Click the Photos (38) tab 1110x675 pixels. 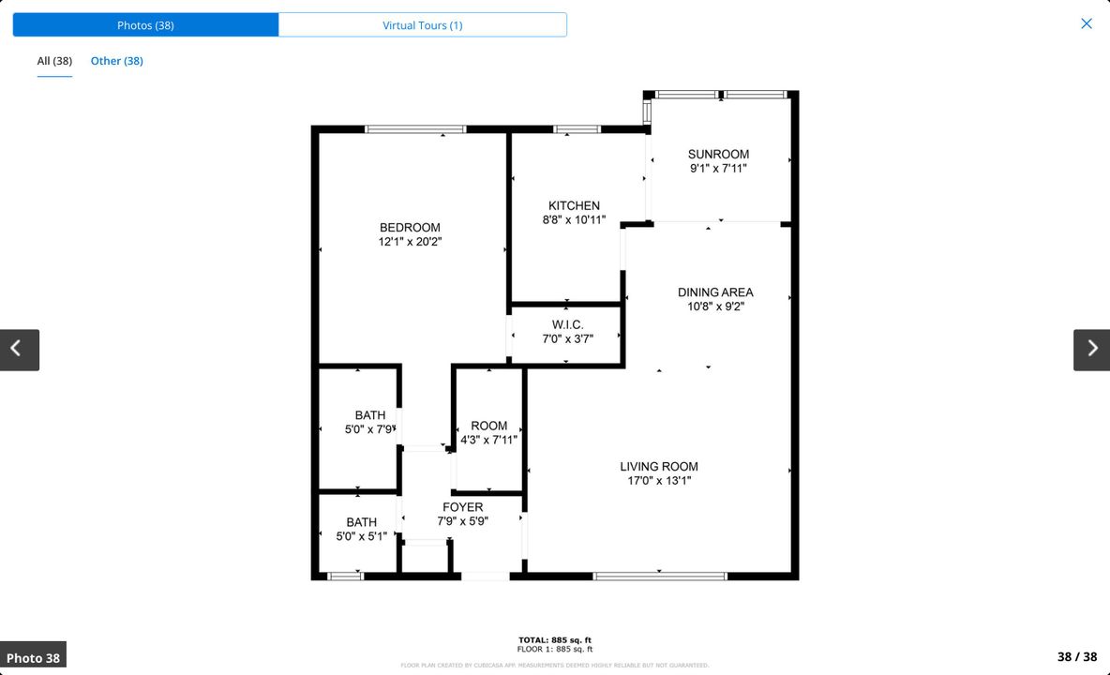tap(145, 25)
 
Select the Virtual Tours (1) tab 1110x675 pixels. tap(422, 25)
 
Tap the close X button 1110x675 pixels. tap(1086, 23)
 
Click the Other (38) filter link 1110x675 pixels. tap(116, 61)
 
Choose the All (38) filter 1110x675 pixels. tap(54, 61)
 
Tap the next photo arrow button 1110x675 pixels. tap(1091, 350)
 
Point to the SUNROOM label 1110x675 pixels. tap(718, 155)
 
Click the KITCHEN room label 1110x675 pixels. tap(574, 206)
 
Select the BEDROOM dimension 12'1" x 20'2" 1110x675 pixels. tap(410, 242)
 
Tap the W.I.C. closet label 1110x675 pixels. tap(567, 325)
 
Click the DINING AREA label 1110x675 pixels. tap(715, 292)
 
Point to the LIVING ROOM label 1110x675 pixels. tap(659, 467)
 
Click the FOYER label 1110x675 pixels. tap(462, 507)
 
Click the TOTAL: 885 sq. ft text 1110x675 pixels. tap(555, 640)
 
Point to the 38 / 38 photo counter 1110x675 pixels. tap(1076, 657)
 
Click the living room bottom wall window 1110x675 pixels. tap(660, 576)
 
